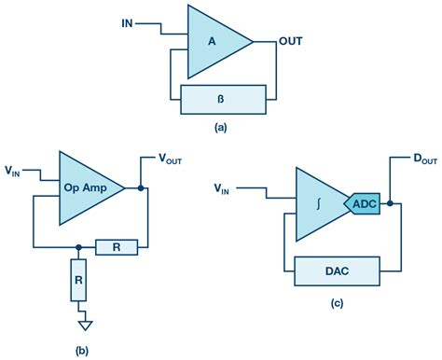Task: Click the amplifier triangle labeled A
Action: (x=213, y=42)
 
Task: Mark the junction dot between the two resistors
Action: (x=77, y=247)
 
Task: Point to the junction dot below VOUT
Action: (x=140, y=187)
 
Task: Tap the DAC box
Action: (x=337, y=271)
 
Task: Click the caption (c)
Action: (x=337, y=305)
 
